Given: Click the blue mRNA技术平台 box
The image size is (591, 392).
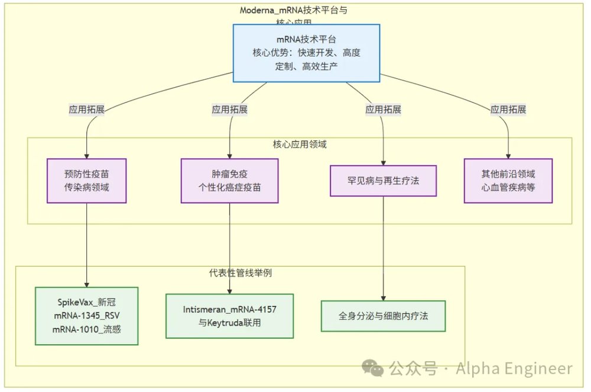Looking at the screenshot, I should coord(306,53).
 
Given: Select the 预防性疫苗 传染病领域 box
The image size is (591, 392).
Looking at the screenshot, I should coord(86,181).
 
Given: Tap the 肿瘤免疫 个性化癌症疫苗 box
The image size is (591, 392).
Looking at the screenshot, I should coord(229,181).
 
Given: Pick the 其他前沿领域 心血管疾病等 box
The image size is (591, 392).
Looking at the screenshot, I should coord(508,181).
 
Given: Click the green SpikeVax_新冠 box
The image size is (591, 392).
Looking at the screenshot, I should coord(86,316).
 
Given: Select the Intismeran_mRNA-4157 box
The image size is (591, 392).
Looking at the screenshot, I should coord(229,316).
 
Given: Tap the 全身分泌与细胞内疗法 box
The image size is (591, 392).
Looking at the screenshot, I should coord(383,316).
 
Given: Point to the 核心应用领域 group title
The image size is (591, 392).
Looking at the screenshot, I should coord(300,144).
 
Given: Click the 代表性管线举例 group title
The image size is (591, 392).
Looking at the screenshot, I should coord(240,273).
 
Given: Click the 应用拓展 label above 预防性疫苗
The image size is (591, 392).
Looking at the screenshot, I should coord(86,110).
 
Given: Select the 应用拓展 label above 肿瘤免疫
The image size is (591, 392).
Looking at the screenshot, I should coord(229,110).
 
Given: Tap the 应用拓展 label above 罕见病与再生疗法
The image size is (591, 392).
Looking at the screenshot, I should coord(383,110).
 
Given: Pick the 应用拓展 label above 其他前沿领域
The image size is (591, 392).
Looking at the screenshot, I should coord(508,110).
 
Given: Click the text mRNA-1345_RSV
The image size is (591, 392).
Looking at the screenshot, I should coord(86,316).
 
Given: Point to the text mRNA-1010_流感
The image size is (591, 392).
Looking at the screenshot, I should coord(86,329).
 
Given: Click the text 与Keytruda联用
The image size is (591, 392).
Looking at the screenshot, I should coord(229,323).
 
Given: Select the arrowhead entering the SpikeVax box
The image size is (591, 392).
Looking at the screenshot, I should coord(87,284).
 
